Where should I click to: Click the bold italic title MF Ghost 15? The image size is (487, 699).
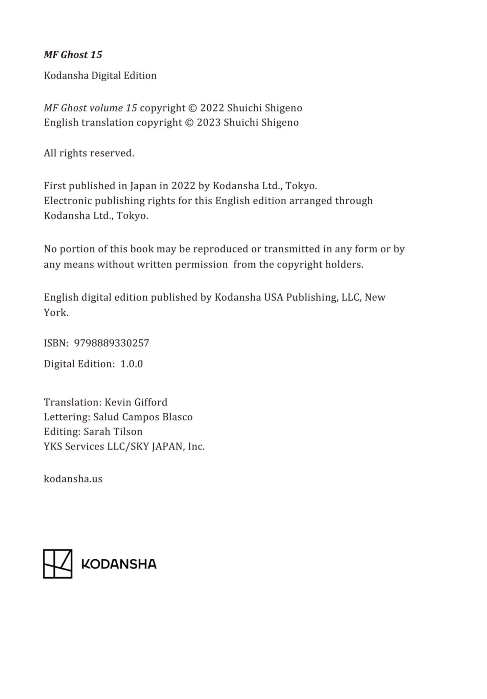(73, 55)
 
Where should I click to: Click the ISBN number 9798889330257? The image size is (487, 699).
(111, 343)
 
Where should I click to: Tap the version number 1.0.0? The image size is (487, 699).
(132, 364)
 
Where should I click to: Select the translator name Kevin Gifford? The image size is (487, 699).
(136, 402)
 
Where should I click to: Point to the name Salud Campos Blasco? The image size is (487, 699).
(143, 417)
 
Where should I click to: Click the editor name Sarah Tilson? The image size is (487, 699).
(113, 432)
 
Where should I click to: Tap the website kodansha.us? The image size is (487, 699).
(73, 479)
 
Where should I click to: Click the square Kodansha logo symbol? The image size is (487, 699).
(58, 564)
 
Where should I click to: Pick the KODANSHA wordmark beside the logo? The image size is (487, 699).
(119, 564)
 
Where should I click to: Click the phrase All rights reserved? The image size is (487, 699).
(89, 153)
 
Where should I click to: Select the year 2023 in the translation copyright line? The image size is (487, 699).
(208, 122)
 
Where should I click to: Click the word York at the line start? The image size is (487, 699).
(56, 312)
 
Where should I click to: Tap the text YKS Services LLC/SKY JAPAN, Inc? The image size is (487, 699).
(124, 446)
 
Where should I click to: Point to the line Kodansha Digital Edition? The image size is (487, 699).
(100, 75)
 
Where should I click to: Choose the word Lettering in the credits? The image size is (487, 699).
(67, 417)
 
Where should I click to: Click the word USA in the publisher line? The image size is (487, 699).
(273, 297)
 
